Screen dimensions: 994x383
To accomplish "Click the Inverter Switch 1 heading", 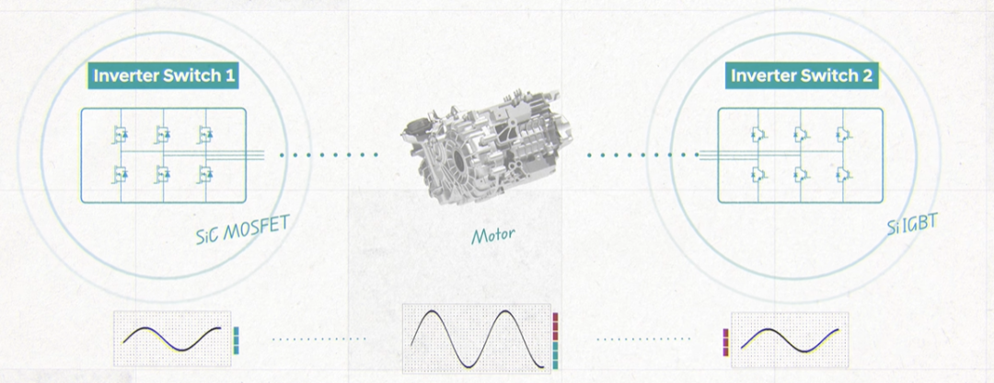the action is (164, 76).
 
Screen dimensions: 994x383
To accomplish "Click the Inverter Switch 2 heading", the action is (802, 76).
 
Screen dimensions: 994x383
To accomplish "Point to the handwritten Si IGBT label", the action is (911, 225).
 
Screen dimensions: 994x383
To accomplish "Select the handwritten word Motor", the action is (492, 236).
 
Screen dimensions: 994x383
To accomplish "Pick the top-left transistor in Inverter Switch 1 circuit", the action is (120, 133).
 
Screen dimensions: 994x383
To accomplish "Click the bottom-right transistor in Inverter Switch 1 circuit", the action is (204, 173).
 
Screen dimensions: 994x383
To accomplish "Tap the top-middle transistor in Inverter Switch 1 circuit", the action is (162, 133).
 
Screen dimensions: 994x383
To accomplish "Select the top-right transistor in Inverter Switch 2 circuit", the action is (842, 133).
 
